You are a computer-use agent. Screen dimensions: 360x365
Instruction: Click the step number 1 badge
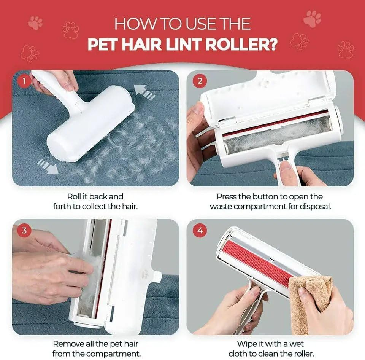point(24,81)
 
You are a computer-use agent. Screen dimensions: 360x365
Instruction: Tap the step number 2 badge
point(200,81)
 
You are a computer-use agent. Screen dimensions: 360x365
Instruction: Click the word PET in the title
point(104,45)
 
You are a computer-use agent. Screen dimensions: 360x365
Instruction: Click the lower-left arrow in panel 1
point(48,166)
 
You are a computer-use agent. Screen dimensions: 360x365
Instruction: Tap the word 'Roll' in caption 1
point(74,197)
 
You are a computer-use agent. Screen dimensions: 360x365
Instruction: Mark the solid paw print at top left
point(35,23)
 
